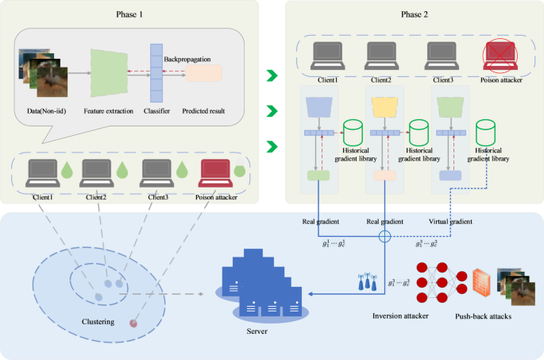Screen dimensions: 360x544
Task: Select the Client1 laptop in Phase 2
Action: click(x=323, y=57)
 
